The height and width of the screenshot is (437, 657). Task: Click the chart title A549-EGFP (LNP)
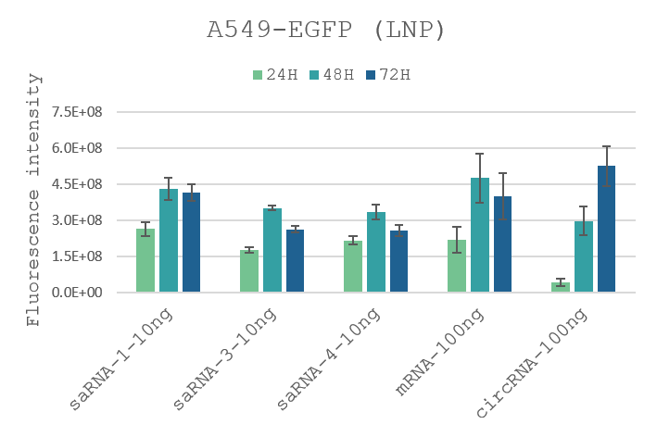[326, 30]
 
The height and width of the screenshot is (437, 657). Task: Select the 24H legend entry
[276, 75]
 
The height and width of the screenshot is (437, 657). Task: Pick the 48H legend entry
[331, 75]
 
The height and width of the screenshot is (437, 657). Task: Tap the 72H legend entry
[388, 75]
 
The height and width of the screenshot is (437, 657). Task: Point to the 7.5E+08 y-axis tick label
[76, 112]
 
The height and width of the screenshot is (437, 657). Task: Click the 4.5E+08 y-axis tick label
[76, 184]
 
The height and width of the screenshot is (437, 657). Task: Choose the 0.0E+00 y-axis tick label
[76, 293]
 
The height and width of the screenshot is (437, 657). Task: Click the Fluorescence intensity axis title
[34, 199]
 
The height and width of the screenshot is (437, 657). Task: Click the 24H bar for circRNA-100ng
[561, 287]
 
